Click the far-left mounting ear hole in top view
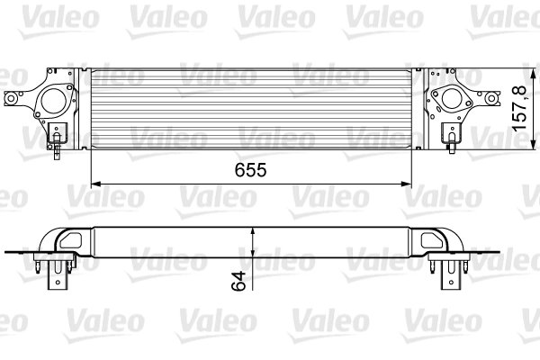[12, 98]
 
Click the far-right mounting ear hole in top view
[494, 98]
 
